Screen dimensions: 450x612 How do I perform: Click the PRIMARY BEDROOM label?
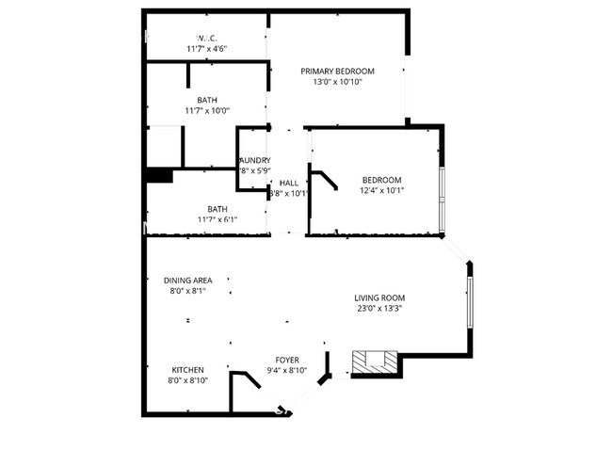click(x=337, y=72)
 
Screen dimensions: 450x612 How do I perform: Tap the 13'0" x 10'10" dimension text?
click(x=337, y=83)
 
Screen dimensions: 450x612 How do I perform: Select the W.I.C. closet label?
click(x=207, y=38)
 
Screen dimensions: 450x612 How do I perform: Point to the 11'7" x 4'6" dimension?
click(x=207, y=49)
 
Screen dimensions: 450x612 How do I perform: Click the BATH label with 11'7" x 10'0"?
click(x=207, y=100)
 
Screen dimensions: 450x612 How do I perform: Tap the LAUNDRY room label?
click(x=254, y=160)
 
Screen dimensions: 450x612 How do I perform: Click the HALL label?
click(x=289, y=183)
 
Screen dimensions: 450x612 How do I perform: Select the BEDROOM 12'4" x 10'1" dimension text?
click(x=381, y=192)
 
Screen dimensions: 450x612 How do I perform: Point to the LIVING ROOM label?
click(x=379, y=297)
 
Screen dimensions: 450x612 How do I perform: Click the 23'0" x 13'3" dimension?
click(x=379, y=309)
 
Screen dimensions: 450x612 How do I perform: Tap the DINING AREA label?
click(x=187, y=281)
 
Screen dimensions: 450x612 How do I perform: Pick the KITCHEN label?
click(x=188, y=369)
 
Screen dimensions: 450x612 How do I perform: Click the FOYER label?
click(x=288, y=360)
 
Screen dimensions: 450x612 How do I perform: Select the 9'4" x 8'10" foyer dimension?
click(x=288, y=371)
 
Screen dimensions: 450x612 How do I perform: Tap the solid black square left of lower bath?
click(x=159, y=176)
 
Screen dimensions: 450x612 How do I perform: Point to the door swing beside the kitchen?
click(x=247, y=380)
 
